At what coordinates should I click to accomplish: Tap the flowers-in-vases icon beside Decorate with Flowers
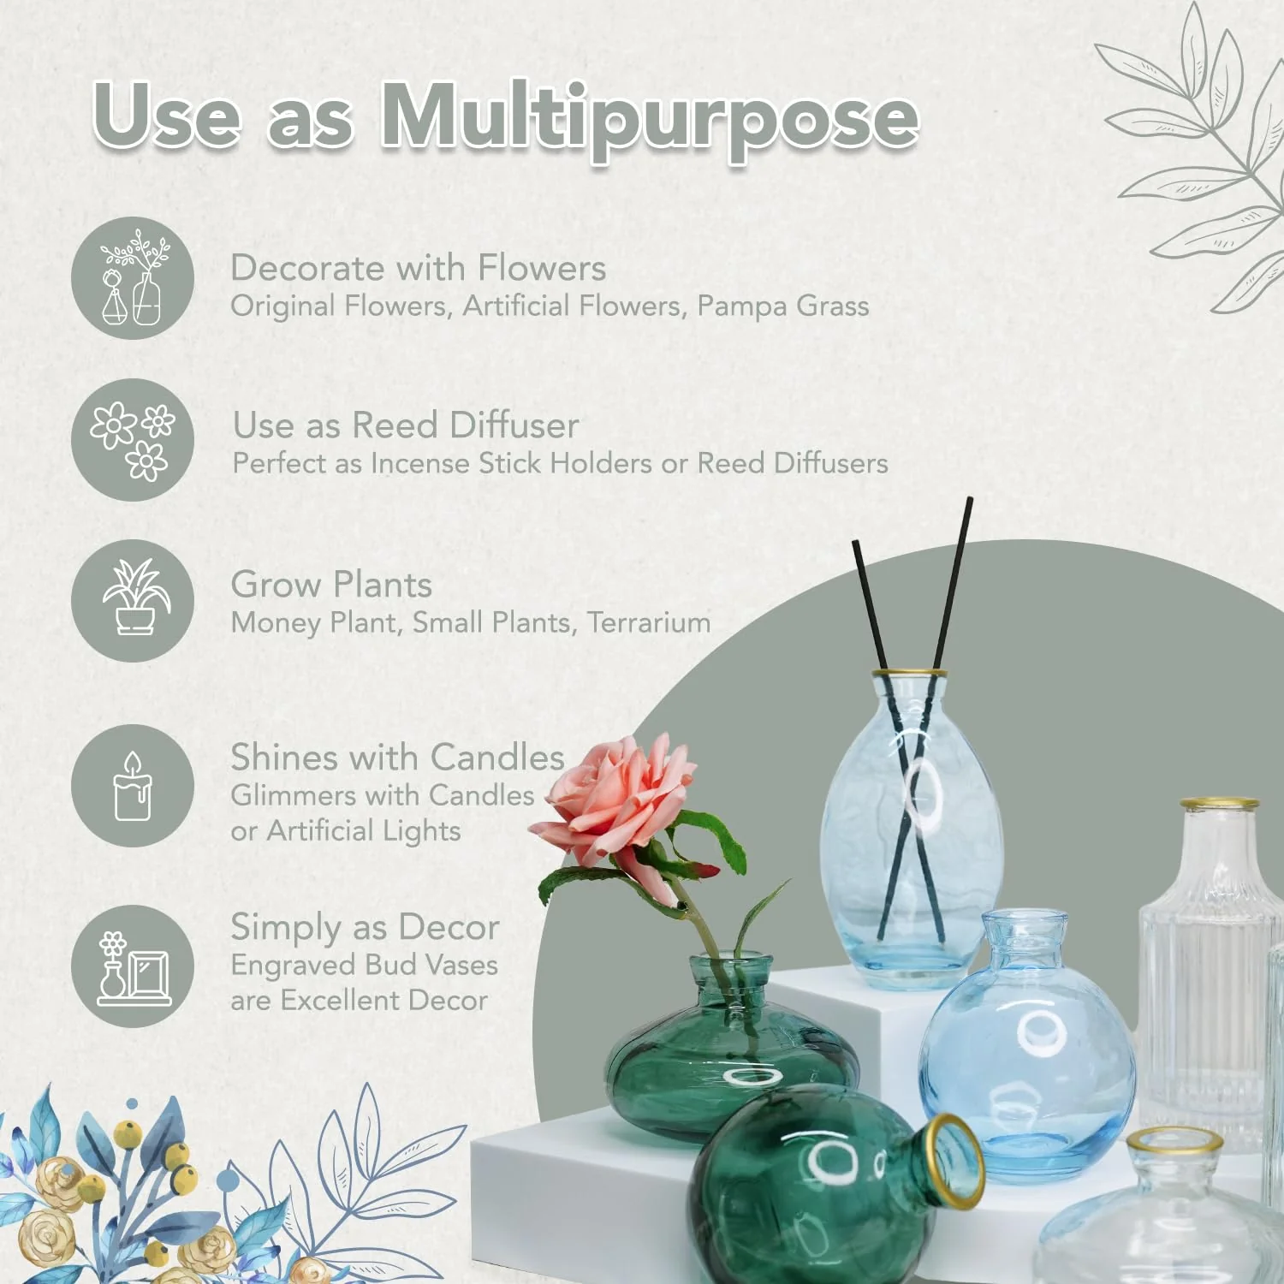pos(133,278)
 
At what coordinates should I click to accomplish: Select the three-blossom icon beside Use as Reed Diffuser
pos(133,440)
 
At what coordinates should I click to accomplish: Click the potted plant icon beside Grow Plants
pos(133,600)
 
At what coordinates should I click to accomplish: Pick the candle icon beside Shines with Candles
pos(133,786)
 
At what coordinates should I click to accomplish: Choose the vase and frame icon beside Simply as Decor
pos(133,966)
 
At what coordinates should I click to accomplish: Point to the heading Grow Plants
pos(331,585)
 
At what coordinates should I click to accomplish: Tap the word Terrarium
pos(649,622)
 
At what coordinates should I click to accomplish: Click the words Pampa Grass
pos(782,306)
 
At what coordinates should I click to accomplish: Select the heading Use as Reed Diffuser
pos(406,425)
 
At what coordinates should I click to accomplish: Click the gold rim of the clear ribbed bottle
pos(1219,805)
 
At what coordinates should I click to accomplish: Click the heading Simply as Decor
pos(365,927)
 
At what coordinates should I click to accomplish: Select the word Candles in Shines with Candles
pos(497,758)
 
